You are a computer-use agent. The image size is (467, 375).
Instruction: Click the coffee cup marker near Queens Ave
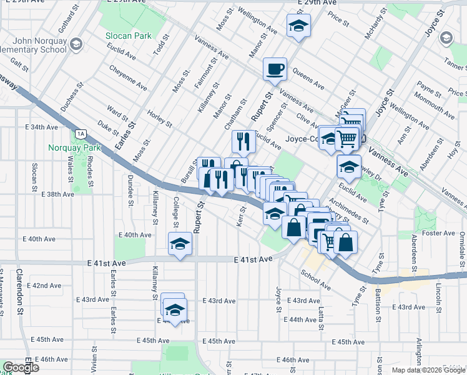275,69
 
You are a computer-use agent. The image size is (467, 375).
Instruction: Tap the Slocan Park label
127,36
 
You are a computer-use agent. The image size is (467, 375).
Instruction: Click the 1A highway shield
80,133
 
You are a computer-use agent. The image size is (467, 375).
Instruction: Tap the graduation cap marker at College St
180,244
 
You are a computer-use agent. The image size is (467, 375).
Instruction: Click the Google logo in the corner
20,367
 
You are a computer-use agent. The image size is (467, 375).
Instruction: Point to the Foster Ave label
440,233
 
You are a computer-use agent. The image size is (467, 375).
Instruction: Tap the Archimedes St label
349,211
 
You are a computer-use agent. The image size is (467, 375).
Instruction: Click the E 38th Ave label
58,194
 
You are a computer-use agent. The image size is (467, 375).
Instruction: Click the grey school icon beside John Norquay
76,43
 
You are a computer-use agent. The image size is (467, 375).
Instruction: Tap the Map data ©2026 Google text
428,370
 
